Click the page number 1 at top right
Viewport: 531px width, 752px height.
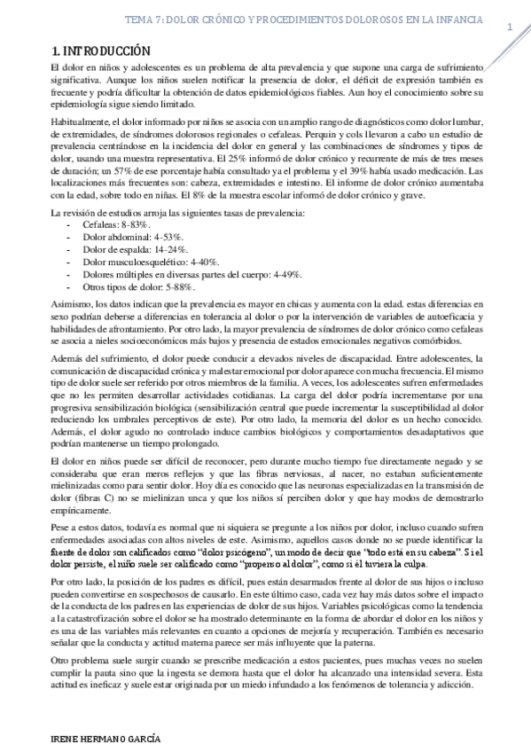click(x=510, y=27)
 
